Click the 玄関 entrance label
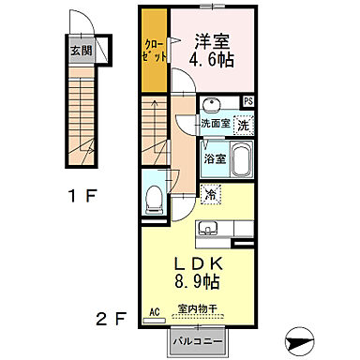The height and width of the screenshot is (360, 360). pos(82,51)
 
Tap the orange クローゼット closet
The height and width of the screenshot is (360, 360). pos(155,52)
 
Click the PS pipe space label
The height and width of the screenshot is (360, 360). pos(248,101)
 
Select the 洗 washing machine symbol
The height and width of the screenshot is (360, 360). pos(242,124)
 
